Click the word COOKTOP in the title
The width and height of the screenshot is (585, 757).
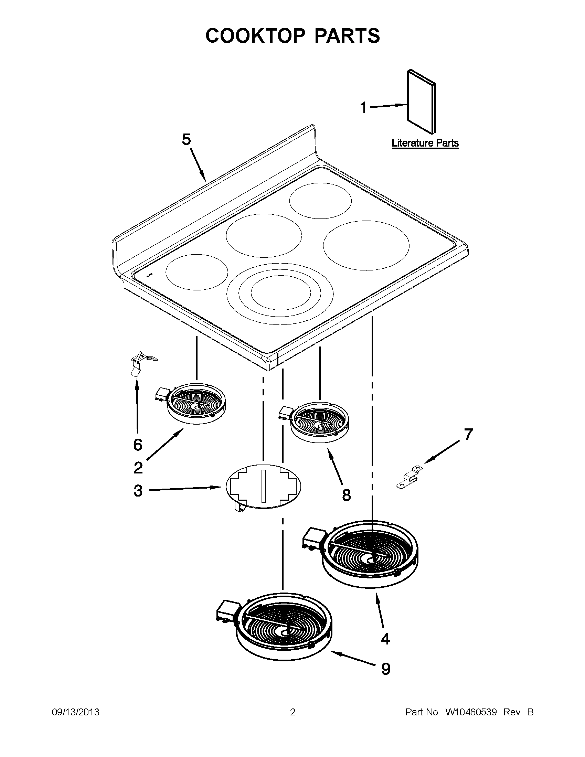(x=255, y=36)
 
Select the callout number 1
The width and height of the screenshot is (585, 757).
(x=363, y=108)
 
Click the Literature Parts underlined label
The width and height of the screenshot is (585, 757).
(x=425, y=143)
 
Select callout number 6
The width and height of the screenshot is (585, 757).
(x=138, y=445)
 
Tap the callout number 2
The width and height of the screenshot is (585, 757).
(x=138, y=468)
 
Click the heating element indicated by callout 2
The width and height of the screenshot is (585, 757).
(x=195, y=403)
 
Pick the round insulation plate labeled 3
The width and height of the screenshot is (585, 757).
(x=263, y=487)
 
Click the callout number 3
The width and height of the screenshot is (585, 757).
(x=138, y=491)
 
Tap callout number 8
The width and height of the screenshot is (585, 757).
(x=346, y=495)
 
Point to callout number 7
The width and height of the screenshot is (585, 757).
(x=468, y=434)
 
